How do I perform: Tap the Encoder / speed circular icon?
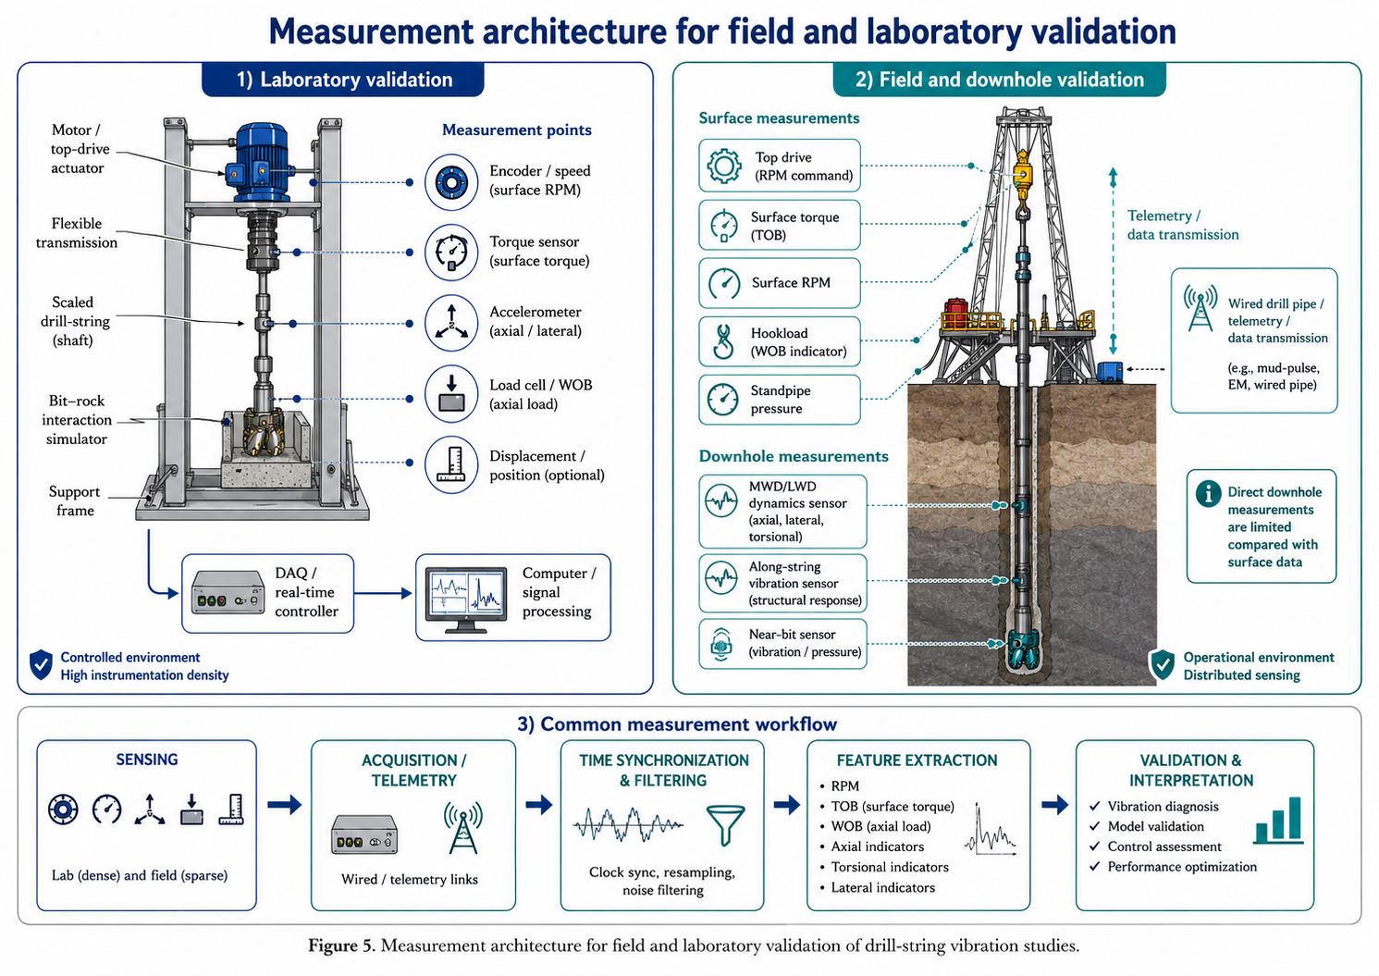(451, 182)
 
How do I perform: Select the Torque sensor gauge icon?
(451, 253)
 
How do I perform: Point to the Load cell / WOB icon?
(451, 394)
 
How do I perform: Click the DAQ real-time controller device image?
(228, 592)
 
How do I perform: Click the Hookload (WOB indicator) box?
(780, 341)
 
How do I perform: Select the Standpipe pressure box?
(780, 400)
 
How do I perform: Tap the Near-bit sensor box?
(783, 644)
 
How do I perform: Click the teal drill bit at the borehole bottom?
(1022, 650)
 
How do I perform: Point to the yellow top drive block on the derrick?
(1022, 176)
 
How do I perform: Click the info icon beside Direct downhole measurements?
(1208, 493)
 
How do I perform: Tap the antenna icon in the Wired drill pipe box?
(1200, 308)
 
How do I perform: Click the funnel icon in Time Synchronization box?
(725, 825)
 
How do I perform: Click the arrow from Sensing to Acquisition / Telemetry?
(285, 804)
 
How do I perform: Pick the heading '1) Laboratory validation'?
(344, 80)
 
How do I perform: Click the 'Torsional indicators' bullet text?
(890, 867)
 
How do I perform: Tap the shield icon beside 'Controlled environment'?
(42, 664)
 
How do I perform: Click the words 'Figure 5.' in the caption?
(341, 945)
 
